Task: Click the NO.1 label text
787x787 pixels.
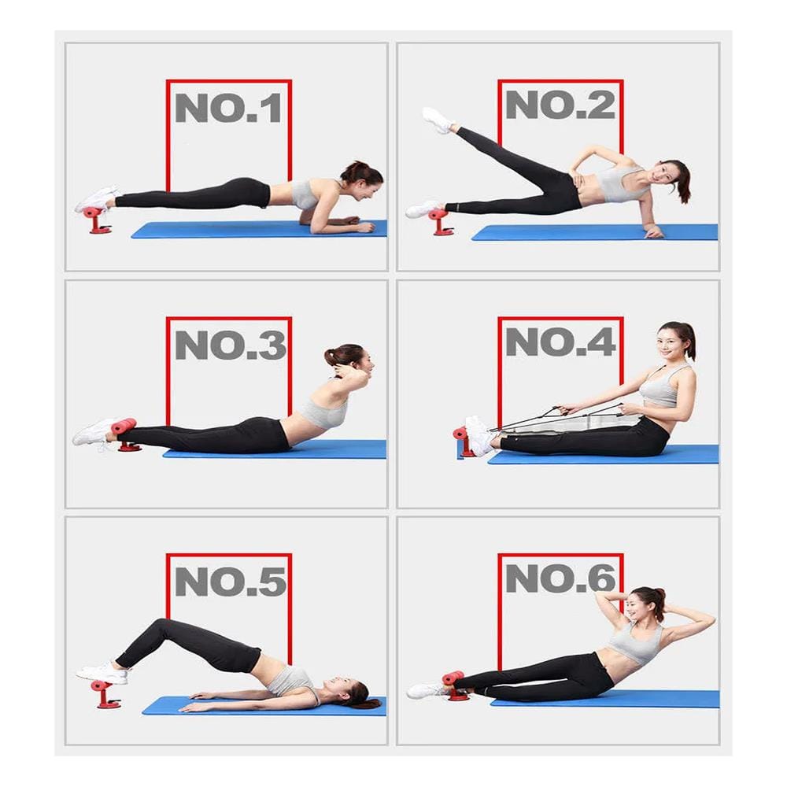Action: coord(228,108)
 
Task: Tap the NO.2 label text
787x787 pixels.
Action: coord(560,105)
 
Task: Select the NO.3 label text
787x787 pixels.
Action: coord(231,345)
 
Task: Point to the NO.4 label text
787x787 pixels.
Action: coord(560,342)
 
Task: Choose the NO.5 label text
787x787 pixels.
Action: coord(231,582)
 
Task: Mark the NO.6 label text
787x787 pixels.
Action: coord(560,578)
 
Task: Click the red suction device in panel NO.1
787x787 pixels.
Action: coord(98,220)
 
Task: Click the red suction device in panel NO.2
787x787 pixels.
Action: coord(441,223)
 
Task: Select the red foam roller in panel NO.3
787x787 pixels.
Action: coord(124,426)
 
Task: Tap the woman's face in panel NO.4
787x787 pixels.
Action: coord(670,341)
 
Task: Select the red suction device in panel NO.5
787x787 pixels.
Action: coord(104,694)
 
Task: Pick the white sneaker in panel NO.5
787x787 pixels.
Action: coord(103,673)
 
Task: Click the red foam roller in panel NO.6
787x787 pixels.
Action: coord(453,678)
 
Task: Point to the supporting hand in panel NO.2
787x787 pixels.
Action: coord(654,232)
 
